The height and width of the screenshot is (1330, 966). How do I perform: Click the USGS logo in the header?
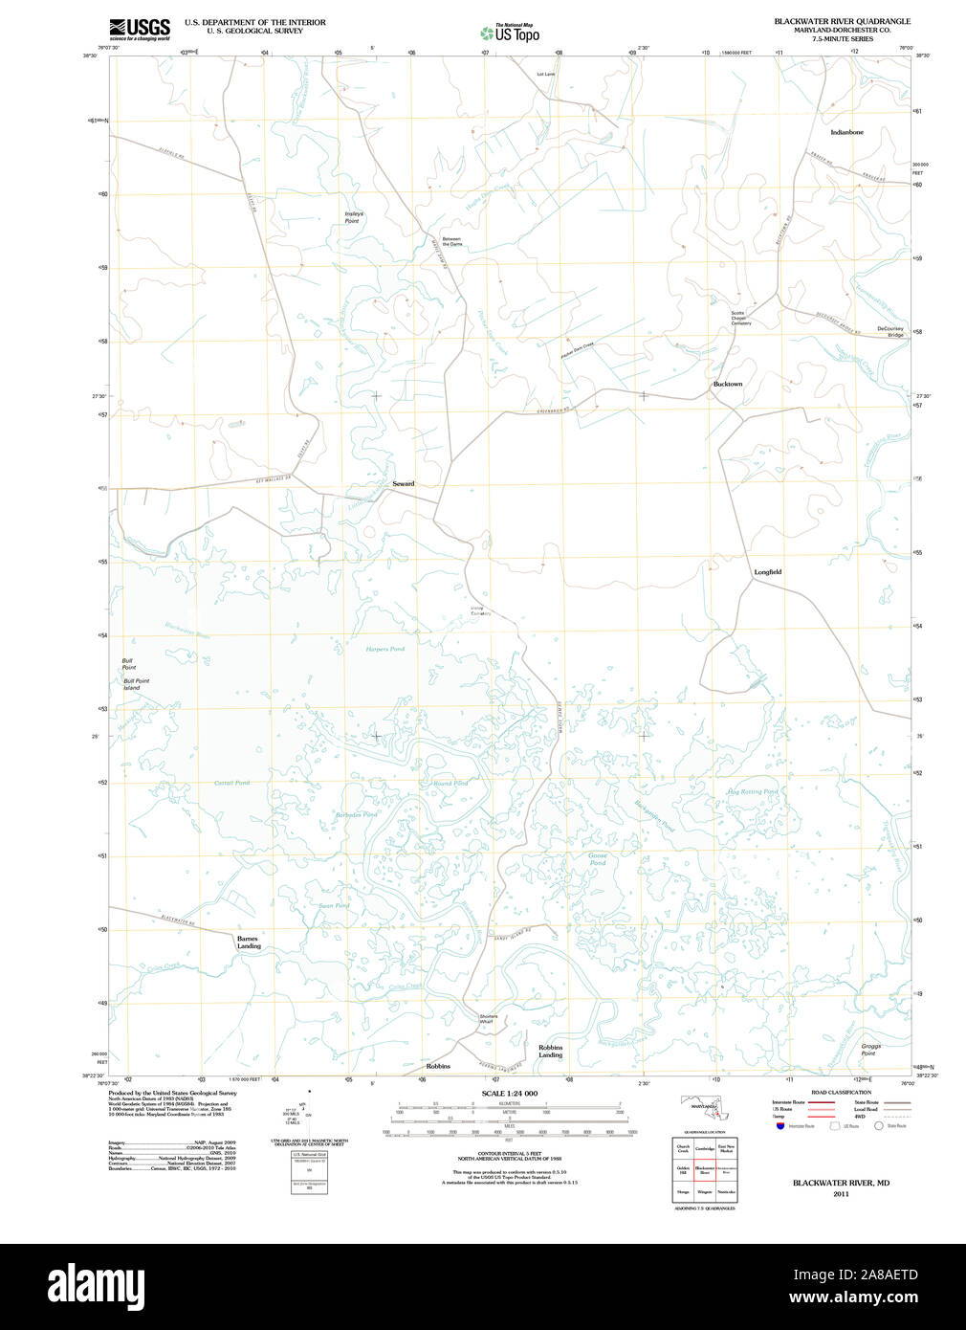(140, 29)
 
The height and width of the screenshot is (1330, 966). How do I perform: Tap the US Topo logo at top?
(510, 33)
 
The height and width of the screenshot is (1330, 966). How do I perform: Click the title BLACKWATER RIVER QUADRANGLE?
(842, 21)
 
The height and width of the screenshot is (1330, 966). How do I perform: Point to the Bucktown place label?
(727, 384)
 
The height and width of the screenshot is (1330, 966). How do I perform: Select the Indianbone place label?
(846, 132)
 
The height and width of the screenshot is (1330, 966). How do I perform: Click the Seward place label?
(404, 484)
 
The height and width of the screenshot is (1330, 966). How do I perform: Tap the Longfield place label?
(767, 572)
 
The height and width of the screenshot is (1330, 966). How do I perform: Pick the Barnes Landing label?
(248, 942)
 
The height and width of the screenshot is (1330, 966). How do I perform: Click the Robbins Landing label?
(550, 1052)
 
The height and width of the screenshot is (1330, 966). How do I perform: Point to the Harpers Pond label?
(384, 649)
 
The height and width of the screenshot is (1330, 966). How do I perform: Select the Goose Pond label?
(598, 859)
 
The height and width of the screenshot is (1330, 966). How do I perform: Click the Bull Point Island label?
(136, 684)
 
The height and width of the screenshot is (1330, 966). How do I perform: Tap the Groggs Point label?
(869, 1050)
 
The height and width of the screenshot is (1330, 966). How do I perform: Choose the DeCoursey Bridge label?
(890, 332)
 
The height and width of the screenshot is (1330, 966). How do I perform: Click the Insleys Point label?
(353, 217)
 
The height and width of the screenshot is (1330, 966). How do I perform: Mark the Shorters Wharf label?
(488, 1019)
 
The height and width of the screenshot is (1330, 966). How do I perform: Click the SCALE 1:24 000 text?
(509, 1094)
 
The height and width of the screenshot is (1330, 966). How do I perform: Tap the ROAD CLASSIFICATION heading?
(841, 1092)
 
